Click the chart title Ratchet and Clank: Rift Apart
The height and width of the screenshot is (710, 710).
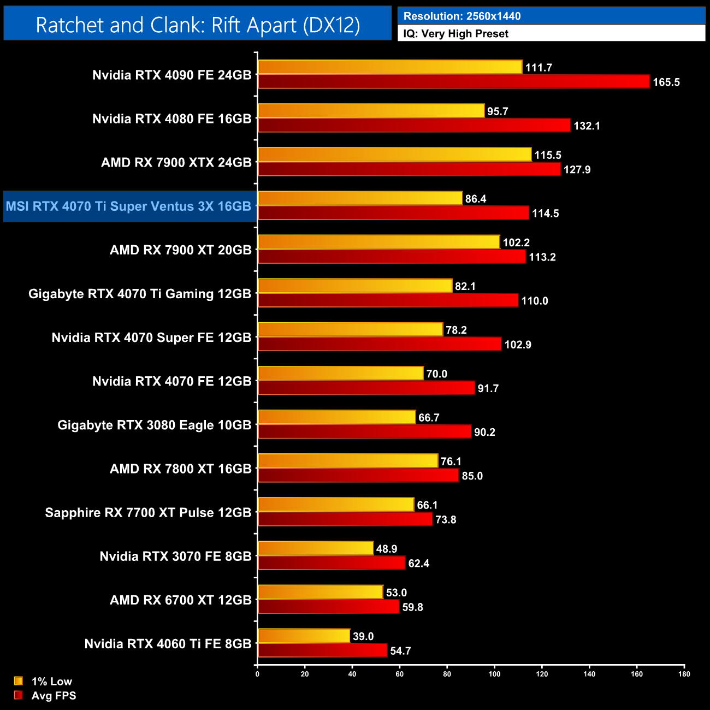(x=198, y=25)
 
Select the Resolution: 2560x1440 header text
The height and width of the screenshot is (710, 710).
(x=461, y=16)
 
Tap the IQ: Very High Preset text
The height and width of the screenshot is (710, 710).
(x=455, y=34)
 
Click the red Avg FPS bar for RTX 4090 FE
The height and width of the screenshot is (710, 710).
(x=453, y=82)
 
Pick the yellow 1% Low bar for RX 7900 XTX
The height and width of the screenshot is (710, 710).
(x=394, y=155)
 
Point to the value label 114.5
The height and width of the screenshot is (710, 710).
(x=545, y=214)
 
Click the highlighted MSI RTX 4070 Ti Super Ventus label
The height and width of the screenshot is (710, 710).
(x=128, y=206)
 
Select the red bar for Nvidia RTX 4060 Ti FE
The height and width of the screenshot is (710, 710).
(x=322, y=650)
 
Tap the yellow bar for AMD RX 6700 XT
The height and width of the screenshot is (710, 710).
(x=321, y=592)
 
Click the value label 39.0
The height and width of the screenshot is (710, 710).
(x=363, y=636)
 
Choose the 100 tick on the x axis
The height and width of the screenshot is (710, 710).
(x=494, y=674)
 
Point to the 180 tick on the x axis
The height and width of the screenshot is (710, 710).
(x=684, y=674)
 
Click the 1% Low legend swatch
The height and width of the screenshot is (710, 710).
(x=19, y=681)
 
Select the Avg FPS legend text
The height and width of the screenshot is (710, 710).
(x=54, y=696)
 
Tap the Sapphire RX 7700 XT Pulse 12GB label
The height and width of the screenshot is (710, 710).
(x=148, y=513)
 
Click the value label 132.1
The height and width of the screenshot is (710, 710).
(x=587, y=126)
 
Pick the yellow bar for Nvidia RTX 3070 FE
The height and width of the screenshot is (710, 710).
(x=316, y=548)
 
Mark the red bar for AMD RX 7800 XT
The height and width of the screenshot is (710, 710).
(x=358, y=476)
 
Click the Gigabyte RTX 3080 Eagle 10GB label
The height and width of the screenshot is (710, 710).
(x=155, y=425)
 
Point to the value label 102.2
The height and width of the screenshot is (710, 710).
(x=516, y=242)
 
